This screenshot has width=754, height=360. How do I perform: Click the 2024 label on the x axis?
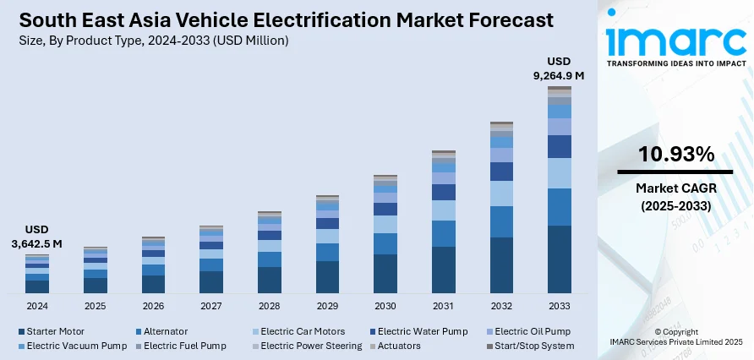[x=37, y=305]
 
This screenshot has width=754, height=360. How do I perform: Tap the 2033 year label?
[x=559, y=305]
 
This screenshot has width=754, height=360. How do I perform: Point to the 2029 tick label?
[x=327, y=305]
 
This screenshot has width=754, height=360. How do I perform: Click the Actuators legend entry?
[x=397, y=346]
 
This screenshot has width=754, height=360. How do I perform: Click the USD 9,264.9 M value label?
[x=559, y=68]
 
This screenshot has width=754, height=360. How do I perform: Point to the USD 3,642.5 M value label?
[x=38, y=237]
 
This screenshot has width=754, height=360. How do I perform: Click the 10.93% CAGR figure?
[x=677, y=155]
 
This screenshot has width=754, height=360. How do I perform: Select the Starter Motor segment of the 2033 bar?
[x=559, y=259]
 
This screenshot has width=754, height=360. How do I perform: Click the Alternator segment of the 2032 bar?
[x=501, y=221]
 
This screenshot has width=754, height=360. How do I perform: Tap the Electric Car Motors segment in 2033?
[x=559, y=172]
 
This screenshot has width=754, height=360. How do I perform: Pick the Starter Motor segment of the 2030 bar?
[x=385, y=273]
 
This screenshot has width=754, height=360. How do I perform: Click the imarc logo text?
[x=676, y=38]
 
